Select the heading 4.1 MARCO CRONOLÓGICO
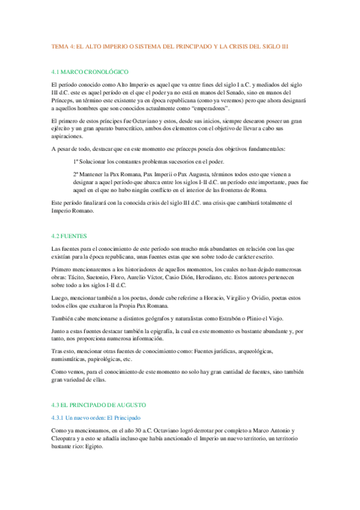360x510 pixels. [x=91, y=72]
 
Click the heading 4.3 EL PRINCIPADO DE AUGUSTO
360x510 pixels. [x=99, y=405]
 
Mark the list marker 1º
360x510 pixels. [x=76, y=162]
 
